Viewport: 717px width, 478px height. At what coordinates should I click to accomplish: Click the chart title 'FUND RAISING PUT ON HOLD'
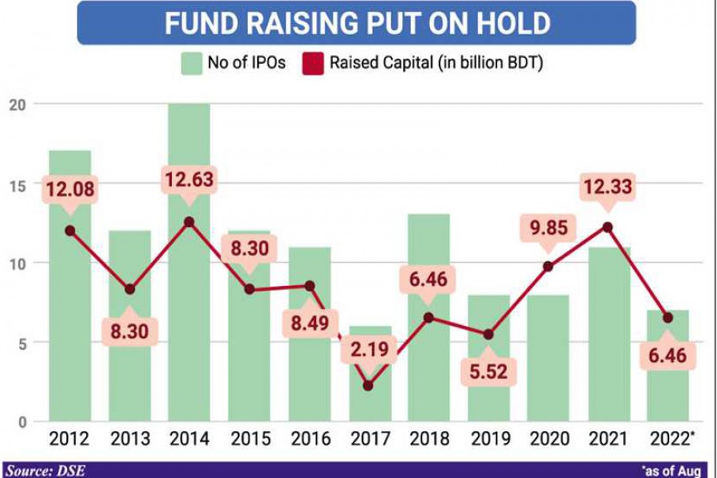pyautogui.click(x=357, y=22)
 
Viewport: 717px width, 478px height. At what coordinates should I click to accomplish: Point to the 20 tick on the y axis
pyautogui.click(x=18, y=104)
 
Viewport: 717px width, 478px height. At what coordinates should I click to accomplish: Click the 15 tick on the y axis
pyautogui.click(x=18, y=184)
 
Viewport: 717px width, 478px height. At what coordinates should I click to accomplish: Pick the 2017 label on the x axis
pyautogui.click(x=368, y=439)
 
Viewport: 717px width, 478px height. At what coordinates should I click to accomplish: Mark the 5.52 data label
pyautogui.click(x=488, y=370)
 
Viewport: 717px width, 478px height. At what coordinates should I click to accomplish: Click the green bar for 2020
pyautogui.click(x=548, y=358)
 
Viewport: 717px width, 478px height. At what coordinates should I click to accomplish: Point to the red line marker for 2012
pyautogui.click(x=70, y=230)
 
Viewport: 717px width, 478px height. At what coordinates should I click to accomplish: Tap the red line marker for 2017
pyautogui.click(x=368, y=386)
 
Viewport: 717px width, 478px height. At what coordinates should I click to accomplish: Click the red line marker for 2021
pyautogui.click(x=608, y=226)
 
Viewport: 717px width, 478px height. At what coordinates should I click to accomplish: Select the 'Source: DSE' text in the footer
pyautogui.click(x=44, y=471)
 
